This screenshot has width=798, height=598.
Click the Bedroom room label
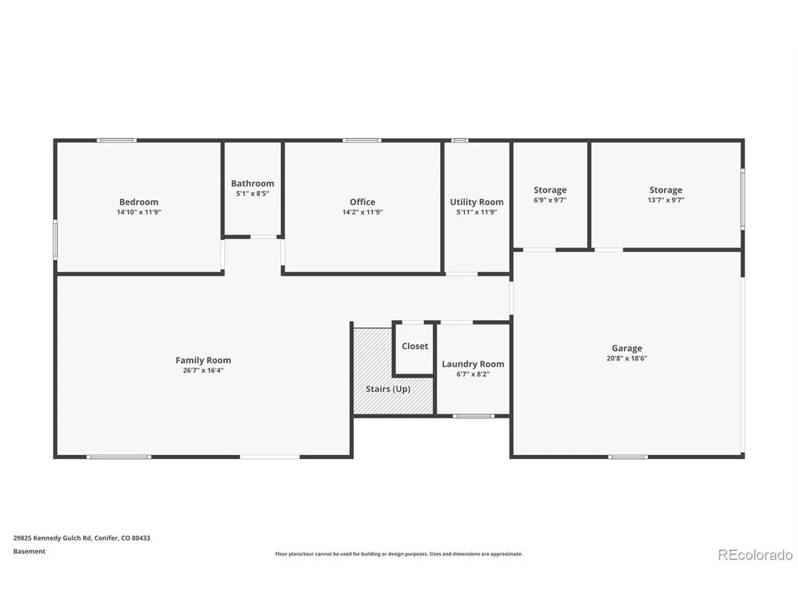point(138,202)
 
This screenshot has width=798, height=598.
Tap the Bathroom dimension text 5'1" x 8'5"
point(252,194)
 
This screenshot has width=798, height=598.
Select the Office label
point(362,202)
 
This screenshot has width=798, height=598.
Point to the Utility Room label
point(476,202)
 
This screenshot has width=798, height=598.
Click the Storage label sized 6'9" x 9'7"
point(550,190)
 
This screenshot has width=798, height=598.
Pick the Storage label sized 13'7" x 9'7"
point(665,190)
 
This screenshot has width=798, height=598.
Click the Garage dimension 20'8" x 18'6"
point(627,358)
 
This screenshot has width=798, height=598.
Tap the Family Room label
point(203,360)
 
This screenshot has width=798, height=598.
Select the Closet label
point(415,346)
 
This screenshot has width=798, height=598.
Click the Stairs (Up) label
point(387,389)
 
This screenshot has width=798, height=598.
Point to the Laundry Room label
point(472,364)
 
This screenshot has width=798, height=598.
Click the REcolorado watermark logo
point(756,555)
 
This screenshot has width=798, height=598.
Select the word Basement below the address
point(29,551)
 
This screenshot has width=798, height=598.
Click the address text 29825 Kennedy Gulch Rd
point(53,538)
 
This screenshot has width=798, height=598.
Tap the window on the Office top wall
point(362,140)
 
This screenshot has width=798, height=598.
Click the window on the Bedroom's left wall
point(55,240)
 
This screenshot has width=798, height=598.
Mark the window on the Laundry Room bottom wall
point(473,417)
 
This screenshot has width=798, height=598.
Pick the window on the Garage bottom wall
point(628,457)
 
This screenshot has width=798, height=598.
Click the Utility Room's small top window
point(460,140)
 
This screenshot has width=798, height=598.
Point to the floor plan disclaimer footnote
point(399,554)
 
